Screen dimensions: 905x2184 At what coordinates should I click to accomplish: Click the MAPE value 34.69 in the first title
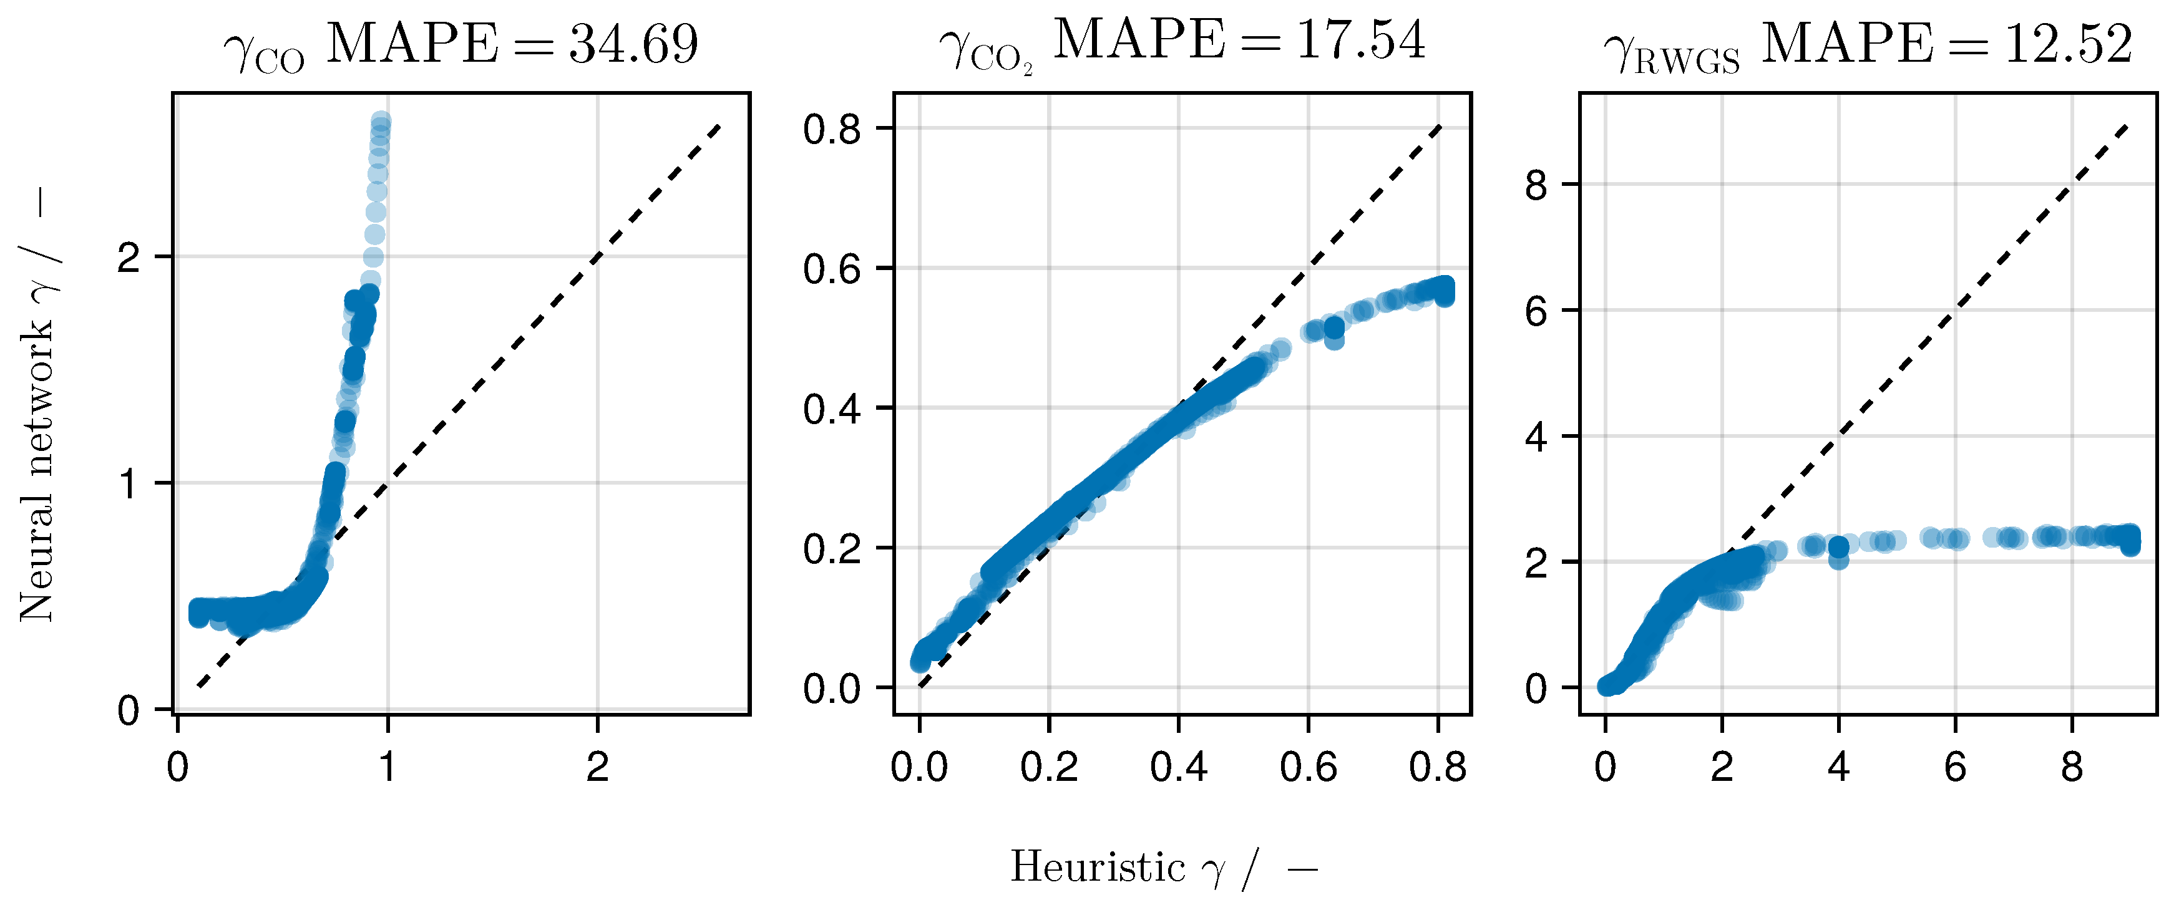point(633,44)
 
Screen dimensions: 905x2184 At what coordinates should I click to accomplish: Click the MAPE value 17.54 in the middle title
point(1360,41)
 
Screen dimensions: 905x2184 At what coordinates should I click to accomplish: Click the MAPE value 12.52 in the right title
point(2068,44)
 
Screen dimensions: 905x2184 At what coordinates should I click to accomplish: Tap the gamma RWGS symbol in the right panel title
point(1671,52)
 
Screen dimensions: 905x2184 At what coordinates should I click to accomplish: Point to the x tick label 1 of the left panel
point(388,768)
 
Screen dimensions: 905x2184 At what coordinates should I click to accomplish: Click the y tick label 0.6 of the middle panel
point(832,269)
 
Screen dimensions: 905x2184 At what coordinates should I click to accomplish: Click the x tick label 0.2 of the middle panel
point(1049,768)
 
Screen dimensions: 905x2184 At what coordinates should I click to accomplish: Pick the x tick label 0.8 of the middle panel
point(1437,768)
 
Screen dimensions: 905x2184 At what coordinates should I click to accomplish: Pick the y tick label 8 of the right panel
point(1536,184)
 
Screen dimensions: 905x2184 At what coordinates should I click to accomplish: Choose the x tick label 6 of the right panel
point(1955,768)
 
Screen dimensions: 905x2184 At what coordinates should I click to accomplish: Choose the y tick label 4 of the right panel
point(1536,437)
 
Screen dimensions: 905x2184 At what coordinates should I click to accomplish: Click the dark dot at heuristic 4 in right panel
point(1838,548)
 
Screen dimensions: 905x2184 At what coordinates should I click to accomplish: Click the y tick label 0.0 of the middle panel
point(832,688)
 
